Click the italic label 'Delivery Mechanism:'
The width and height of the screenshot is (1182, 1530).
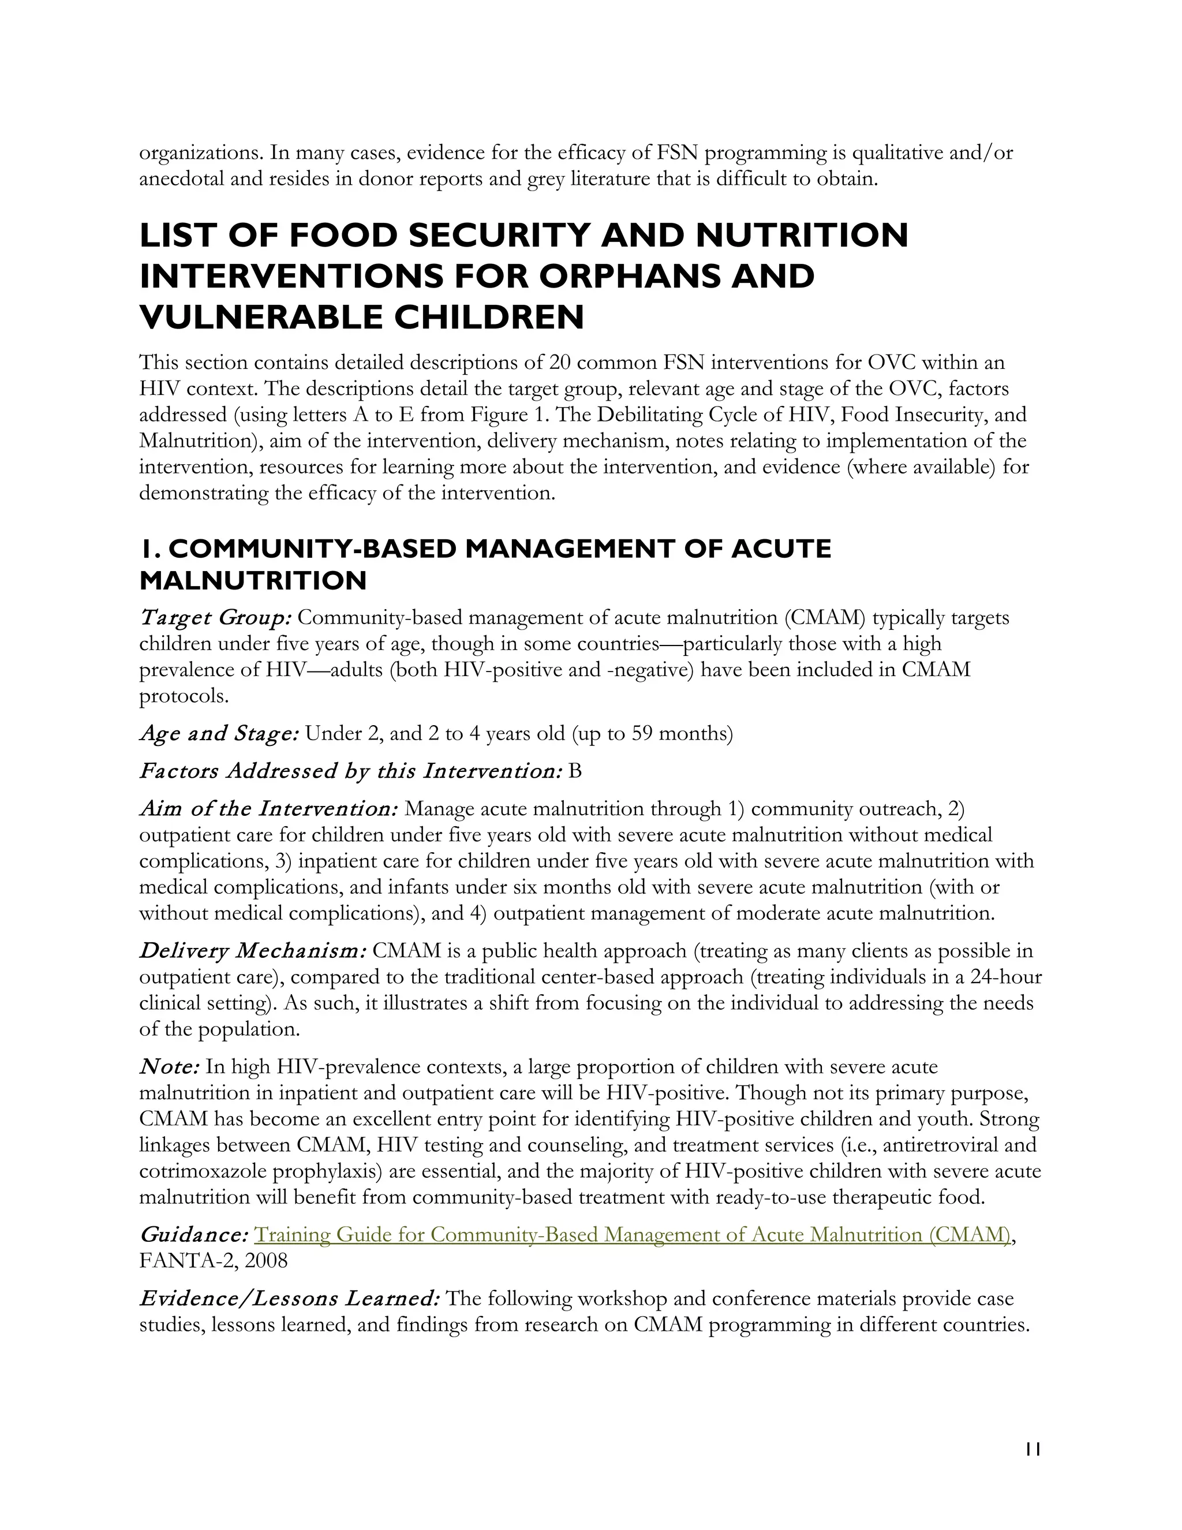coord(253,951)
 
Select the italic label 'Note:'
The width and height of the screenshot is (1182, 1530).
coord(170,1067)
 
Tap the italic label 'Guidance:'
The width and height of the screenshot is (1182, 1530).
coord(193,1234)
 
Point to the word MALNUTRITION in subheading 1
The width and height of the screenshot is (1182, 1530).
coord(253,580)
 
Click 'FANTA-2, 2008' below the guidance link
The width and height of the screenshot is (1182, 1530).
coord(214,1260)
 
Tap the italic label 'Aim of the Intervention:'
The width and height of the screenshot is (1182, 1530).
coord(269,809)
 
